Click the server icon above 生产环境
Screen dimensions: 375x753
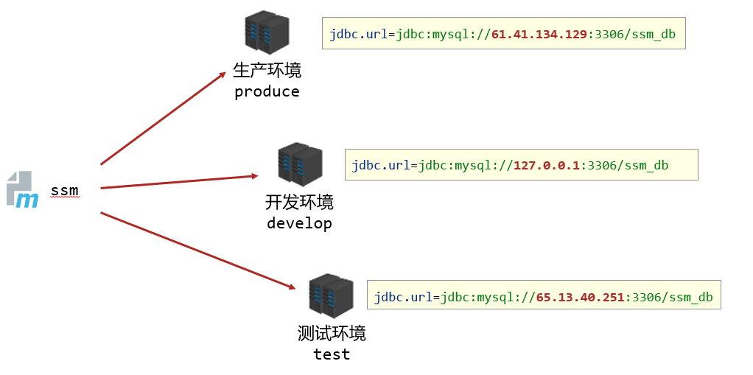(x=267, y=32)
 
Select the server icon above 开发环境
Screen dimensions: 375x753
(x=300, y=164)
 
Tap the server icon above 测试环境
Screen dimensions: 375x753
(x=331, y=295)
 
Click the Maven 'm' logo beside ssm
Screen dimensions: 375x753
(x=23, y=190)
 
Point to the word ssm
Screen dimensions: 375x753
(x=65, y=191)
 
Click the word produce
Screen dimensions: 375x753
(x=267, y=92)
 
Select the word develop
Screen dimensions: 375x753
(x=299, y=223)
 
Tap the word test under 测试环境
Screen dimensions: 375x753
(x=332, y=354)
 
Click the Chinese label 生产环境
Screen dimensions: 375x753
(x=267, y=71)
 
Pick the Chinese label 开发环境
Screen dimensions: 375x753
(x=299, y=202)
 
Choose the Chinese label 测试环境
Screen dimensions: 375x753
(x=332, y=333)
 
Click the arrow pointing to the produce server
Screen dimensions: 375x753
(x=163, y=118)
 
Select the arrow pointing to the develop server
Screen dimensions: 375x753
(x=179, y=181)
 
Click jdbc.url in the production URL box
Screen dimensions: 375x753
(x=359, y=34)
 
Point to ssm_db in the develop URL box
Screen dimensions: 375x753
(x=646, y=165)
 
